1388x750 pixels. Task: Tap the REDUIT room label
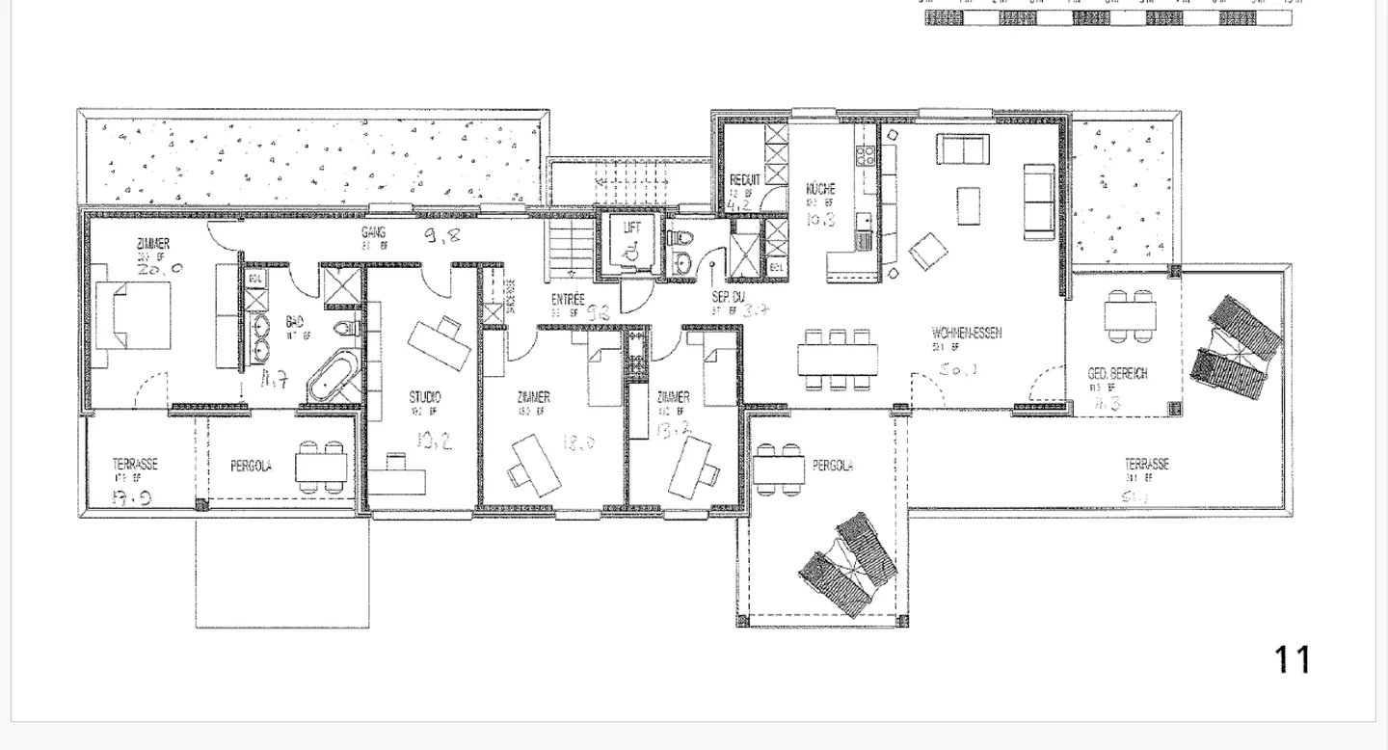(744, 179)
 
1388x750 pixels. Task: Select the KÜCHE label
(820, 189)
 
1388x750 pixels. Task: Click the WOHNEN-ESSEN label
(966, 334)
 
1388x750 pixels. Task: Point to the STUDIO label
(424, 396)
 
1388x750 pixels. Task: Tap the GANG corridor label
(374, 233)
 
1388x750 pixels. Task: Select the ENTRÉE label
(568, 300)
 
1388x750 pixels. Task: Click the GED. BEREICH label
(1117, 374)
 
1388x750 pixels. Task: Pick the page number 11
(1293, 660)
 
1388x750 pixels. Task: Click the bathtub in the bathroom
(334, 378)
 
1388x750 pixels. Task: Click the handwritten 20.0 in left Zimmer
(160, 271)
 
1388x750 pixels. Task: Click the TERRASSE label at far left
(135, 465)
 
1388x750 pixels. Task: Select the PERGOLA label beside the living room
(832, 466)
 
